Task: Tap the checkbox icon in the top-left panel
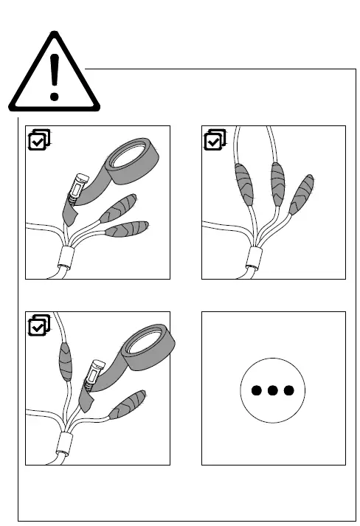pos(38,139)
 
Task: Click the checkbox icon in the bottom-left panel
pos(38,325)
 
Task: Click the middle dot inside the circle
pos(272,390)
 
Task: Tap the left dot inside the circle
pos(255,390)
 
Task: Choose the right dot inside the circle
pos(289,390)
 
